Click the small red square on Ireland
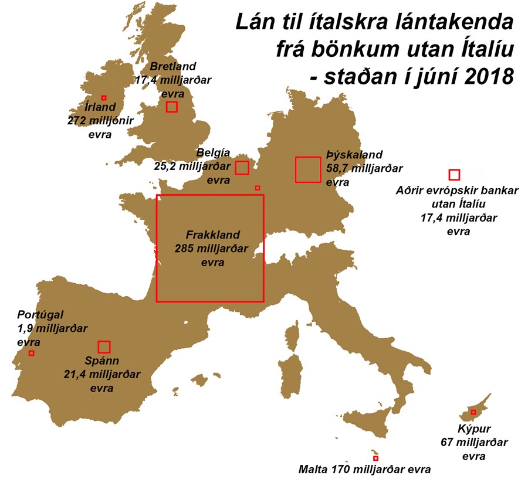point(104,98)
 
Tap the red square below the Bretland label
point(171,106)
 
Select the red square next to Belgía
point(242,168)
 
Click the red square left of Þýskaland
point(308,169)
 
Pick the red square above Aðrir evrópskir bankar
point(453,174)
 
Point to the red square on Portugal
point(31,353)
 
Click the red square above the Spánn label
point(104,347)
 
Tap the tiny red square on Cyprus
point(473,412)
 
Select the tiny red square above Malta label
point(375,458)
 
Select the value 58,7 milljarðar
point(364,168)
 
